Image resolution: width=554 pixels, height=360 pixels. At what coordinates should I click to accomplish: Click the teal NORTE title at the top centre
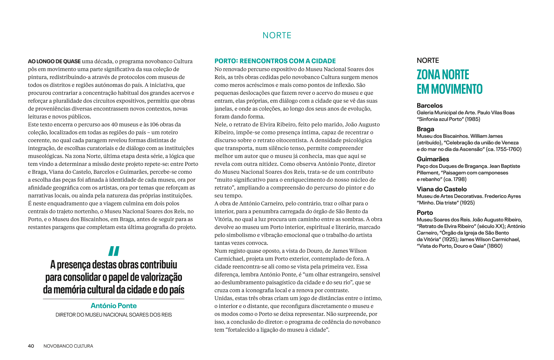(x=277, y=36)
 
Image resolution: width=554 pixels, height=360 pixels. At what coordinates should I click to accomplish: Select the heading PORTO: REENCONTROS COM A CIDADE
(x=275, y=61)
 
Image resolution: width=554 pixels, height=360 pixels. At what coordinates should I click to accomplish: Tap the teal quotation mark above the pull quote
(x=113, y=251)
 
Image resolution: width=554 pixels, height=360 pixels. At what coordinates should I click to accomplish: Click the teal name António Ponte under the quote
(x=113, y=306)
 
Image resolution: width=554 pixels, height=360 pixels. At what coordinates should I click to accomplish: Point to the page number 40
(x=31, y=346)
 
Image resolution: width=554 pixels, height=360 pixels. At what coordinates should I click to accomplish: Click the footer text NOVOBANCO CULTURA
(x=68, y=346)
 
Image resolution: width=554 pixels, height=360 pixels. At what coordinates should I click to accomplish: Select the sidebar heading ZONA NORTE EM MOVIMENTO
(x=449, y=82)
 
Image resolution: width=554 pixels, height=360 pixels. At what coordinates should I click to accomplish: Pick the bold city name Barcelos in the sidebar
(x=429, y=106)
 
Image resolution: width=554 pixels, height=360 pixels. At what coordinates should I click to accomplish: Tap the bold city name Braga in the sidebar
(x=425, y=129)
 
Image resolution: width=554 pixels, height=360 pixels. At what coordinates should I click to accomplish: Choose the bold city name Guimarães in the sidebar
(x=433, y=159)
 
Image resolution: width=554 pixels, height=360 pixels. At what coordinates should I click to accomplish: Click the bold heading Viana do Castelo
(x=441, y=189)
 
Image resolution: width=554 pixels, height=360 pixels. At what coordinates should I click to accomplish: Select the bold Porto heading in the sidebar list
(x=425, y=213)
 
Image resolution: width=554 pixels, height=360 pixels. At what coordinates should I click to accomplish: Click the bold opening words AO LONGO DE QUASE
(x=54, y=61)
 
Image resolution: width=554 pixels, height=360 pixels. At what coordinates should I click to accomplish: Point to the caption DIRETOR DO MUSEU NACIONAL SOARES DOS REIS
(x=113, y=315)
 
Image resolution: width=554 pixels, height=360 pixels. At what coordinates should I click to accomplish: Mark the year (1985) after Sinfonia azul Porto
(x=472, y=119)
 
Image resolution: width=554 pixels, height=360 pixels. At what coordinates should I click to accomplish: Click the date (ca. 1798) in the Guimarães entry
(x=455, y=179)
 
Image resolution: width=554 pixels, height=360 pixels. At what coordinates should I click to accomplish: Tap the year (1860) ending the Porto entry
(x=495, y=246)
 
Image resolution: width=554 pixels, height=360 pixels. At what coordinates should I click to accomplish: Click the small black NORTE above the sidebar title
(x=428, y=61)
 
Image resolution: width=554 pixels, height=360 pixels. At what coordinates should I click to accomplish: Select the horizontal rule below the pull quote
(x=113, y=299)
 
